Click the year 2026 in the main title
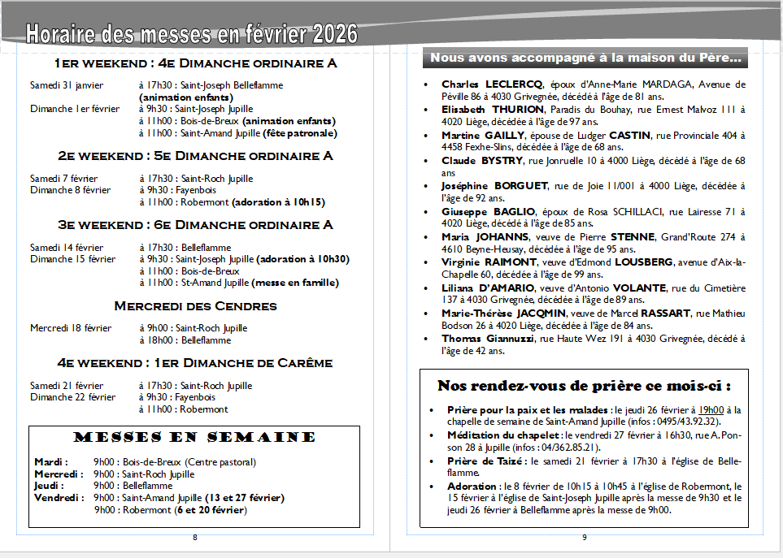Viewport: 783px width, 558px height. click(x=330, y=34)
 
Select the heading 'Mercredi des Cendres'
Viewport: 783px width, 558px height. click(x=195, y=306)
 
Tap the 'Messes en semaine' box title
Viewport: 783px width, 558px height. click(x=194, y=437)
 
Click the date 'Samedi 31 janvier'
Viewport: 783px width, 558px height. click(x=67, y=85)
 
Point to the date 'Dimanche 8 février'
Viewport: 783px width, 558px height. click(x=70, y=190)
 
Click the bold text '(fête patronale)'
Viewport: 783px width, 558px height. click(x=298, y=133)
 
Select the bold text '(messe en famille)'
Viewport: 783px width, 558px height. click(x=295, y=283)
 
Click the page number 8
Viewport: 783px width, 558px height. click(x=195, y=537)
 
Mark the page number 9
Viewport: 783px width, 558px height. click(x=584, y=537)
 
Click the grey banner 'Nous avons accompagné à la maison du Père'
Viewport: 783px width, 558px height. click(x=585, y=58)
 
